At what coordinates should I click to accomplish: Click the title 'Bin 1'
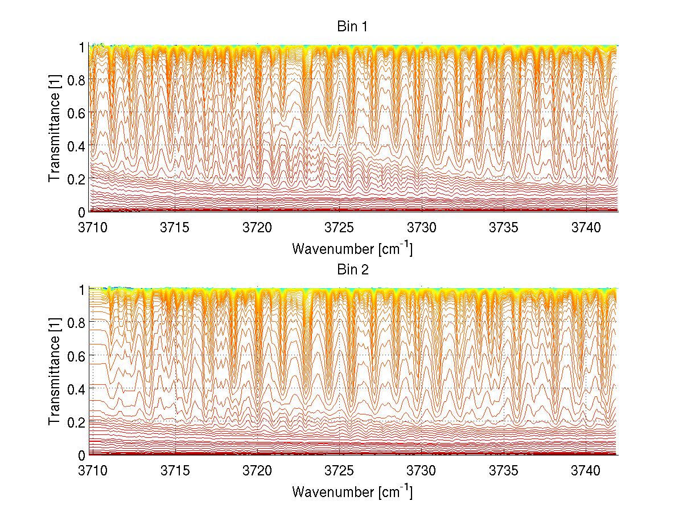coord(352,26)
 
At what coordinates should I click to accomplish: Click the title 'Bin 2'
coord(352,269)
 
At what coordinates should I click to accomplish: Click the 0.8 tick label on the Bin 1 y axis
coord(76,80)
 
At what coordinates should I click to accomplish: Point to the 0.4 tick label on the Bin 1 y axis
coord(76,146)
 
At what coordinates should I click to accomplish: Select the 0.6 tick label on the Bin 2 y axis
coord(76,356)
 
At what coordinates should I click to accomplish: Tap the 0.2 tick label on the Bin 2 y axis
coord(76,421)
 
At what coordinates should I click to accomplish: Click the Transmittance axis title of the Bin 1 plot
coord(55,129)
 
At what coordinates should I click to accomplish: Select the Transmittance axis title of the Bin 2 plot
coord(55,372)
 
